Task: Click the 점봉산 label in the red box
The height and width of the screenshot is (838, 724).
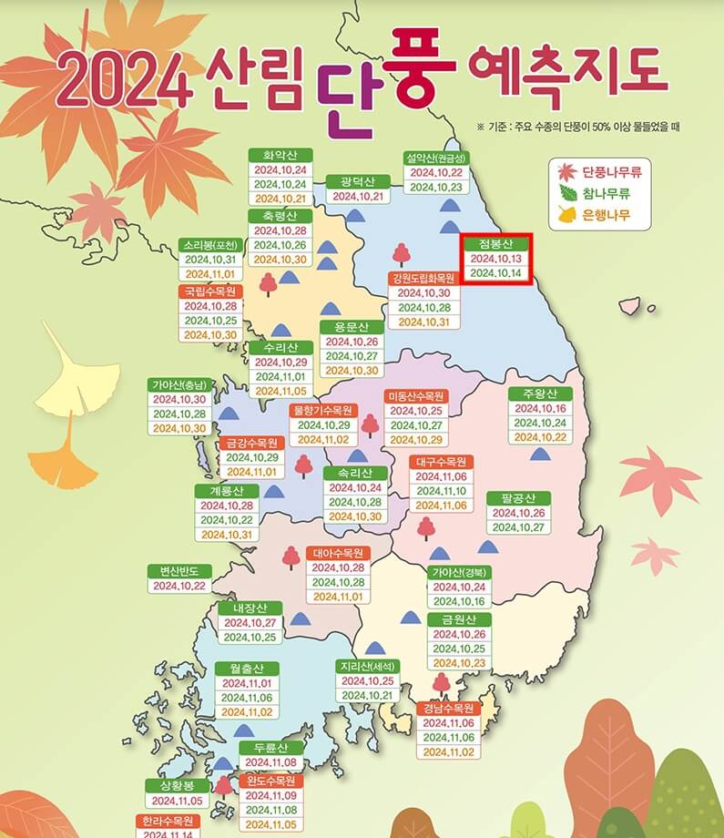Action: tap(495, 243)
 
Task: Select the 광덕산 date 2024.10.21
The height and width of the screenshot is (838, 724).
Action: tap(358, 196)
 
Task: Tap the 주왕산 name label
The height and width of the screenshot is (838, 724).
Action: tap(539, 393)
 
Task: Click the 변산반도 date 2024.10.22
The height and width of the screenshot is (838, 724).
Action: tap(179, 586)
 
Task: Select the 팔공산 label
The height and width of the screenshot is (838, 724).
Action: tap(518, 498)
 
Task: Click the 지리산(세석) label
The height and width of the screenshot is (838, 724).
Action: tap(368, 666)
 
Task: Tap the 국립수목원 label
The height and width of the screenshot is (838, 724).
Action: tap(210, 291)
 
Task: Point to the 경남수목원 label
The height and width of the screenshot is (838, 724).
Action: tap(448, 708)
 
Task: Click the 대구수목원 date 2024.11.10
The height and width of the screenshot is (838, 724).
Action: tap(442, 491)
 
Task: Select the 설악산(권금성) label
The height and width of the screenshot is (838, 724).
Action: tap(435, 158)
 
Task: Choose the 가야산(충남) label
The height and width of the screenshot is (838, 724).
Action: tap(180, 384)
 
